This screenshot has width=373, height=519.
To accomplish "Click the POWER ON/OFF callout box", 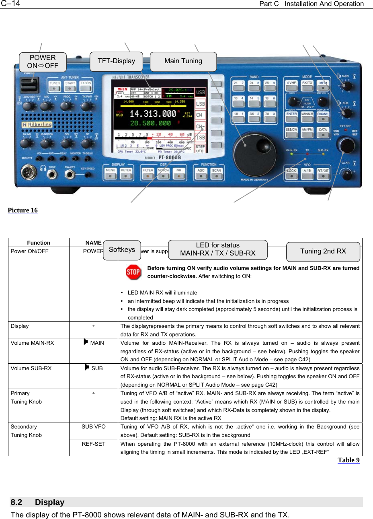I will tap(43, 62).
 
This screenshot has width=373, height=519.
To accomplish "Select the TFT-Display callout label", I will tap(116, 61).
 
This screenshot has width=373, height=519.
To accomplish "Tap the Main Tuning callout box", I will tap(183, 61).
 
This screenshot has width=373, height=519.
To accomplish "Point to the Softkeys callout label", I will tap(122, 250).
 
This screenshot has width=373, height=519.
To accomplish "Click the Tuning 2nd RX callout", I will tap(323, 251).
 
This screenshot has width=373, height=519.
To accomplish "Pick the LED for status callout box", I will tap(217, 249).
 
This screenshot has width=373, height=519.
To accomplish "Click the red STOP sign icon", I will tap(133, 272).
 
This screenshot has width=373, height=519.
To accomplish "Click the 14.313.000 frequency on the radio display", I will tap(153, 114).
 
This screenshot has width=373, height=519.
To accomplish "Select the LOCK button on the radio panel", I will tap(291, 173).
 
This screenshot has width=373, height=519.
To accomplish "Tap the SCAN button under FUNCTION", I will tap(217, 173).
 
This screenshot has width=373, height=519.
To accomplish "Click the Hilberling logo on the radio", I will tap(37, 124).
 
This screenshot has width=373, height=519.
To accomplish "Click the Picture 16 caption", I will tap(23, 210).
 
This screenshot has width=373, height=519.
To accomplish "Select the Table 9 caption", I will tap(348, 460).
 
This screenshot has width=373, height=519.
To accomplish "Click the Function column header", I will tap(39, 243).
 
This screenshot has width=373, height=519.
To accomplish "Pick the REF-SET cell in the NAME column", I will tap(93, 444).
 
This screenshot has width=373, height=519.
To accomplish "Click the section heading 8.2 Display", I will tap(38, 502).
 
